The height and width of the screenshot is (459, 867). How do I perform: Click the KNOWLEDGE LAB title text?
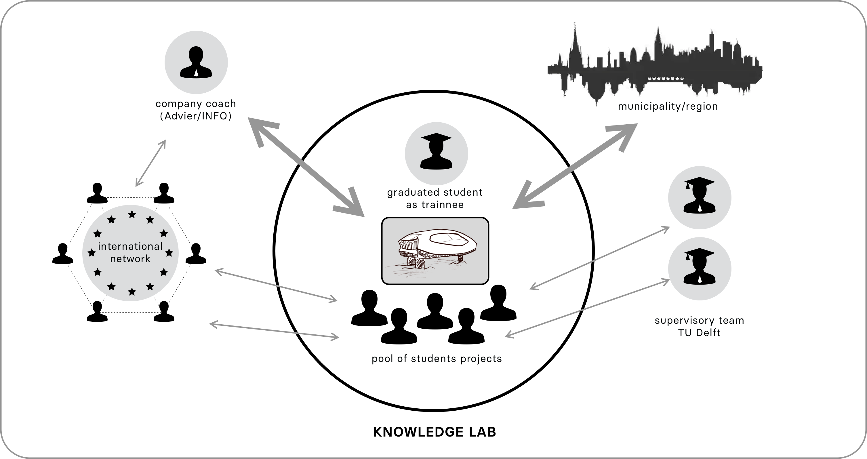coord(435,432)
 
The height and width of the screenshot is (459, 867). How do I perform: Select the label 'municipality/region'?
coord(668,106)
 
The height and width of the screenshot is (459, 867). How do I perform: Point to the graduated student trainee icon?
coord(436,153)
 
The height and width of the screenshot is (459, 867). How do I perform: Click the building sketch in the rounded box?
coord(435,251)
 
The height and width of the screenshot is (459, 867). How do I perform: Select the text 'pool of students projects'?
coord(437,359)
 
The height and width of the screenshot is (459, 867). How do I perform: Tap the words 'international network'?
coord(130,252)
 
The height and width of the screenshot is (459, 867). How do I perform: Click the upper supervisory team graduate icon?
coord(700,197)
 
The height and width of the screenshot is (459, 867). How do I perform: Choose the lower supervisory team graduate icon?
coord(700,268)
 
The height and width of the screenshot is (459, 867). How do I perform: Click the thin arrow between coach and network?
coord(150,163)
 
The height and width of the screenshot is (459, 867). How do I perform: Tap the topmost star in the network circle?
coord(132,214)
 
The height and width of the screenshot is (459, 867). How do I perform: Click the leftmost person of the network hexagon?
coord(63,254)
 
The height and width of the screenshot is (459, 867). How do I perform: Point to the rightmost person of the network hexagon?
coord(196,254)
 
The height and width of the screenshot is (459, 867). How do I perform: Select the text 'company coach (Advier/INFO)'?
coord(196,110)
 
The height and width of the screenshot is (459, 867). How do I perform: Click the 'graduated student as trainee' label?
coord(435,199)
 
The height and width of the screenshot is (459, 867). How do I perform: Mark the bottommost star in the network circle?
coord(132,292)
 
